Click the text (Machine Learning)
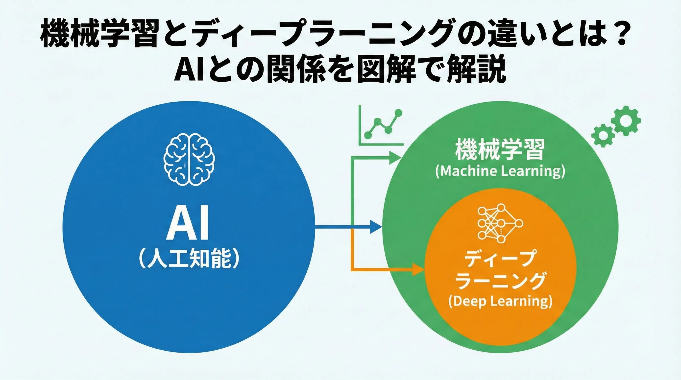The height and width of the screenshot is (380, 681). point(500,171)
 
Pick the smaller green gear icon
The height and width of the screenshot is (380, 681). point(603,135)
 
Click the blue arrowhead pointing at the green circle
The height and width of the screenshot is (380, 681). point(375,226)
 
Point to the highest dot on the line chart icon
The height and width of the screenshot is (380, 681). point(398,113)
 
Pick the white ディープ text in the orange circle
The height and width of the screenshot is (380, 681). point(500,259)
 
